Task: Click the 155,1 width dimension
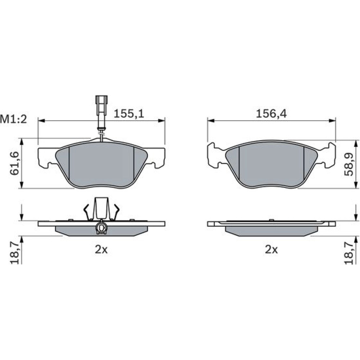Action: (129, 114)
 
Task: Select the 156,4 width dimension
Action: (271, 114)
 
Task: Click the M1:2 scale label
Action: (14, 120)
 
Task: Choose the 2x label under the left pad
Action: (101, 249)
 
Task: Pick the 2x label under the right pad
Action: (271, 249)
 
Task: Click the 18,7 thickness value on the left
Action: (15, 254)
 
